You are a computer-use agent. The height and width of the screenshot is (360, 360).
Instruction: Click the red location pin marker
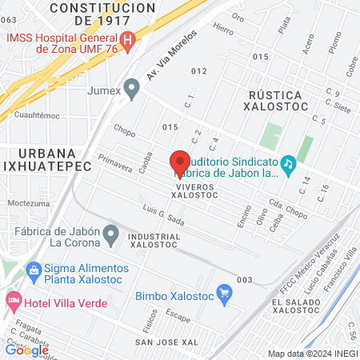coord(180,161)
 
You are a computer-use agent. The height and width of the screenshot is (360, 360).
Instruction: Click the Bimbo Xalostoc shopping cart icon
coord(225,294)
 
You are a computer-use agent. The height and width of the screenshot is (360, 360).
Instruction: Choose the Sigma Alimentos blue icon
coord(32,270)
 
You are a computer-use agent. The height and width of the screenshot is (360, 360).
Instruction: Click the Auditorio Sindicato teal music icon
coord(288,162)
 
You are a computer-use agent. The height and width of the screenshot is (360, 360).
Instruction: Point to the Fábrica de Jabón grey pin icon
coord(112,234)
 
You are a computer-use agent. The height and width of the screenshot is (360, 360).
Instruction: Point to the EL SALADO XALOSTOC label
coord(300,307)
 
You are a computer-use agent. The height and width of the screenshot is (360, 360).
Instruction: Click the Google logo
coord(27,350)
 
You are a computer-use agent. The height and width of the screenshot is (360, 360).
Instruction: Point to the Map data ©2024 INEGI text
coord(313,354)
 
